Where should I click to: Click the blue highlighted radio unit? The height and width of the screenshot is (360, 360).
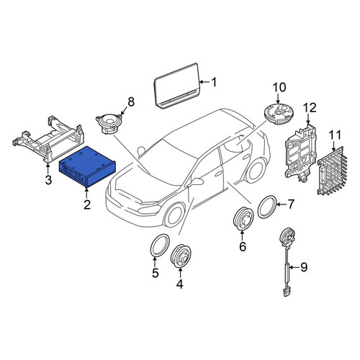tap(87, 167)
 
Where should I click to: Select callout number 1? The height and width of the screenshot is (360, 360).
tap(214, 82)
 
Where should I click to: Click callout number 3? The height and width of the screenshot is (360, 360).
tap(48, 179)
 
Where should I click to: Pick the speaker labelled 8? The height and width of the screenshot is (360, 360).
tap(109, 124)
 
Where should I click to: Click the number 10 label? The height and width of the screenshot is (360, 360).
tap(279, 87)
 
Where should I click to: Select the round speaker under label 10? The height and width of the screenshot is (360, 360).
tap(279, 113)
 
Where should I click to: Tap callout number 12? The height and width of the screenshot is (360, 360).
tap(310, 108)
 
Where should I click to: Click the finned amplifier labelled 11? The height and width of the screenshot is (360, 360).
tap(332, 171)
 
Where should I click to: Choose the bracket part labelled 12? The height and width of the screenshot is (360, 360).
tap(300, 151)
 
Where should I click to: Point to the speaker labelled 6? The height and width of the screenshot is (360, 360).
tap(243, 219)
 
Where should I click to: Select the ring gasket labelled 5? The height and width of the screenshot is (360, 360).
tap(160, 246)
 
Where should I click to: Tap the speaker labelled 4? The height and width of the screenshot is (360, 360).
tap(181, 256)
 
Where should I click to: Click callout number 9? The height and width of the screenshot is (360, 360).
tap(304, 267)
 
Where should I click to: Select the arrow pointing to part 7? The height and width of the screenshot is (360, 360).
tap(282, 204)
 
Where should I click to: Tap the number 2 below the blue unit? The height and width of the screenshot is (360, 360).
tap(87, 204)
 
